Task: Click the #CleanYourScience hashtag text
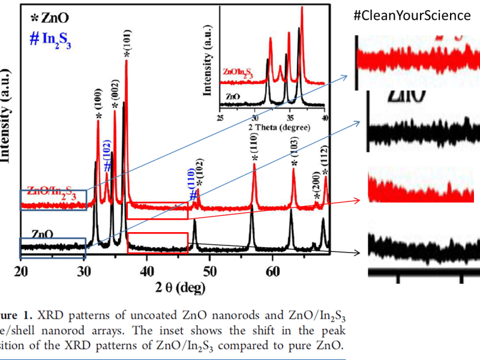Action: [x=412, y=16]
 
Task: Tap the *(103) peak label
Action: [x=294, y=153]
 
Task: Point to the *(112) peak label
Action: [x=325, y=160]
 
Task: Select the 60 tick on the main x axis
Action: [x=272, y=270]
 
